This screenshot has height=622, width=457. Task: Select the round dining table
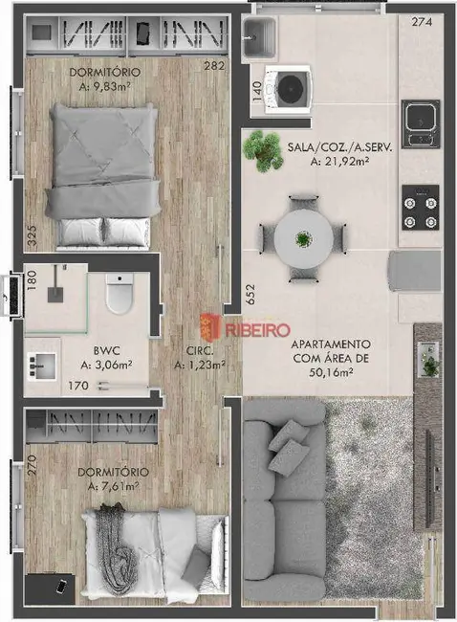coord(302,237)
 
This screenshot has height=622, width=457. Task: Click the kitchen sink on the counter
coord(421,119)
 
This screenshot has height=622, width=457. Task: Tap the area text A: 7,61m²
coord(121,486)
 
